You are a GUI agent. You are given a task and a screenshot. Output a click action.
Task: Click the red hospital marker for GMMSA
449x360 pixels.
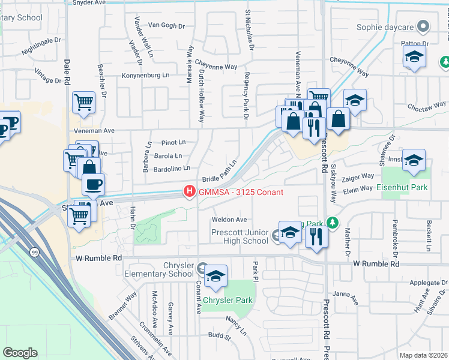190,192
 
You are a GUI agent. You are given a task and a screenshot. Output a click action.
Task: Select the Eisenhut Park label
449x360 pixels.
403,188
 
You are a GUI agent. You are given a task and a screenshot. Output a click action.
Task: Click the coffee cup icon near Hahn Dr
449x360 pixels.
92,185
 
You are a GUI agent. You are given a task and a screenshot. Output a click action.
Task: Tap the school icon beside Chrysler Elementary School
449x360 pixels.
215,277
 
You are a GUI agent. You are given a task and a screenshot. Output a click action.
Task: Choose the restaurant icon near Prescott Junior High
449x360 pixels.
316,236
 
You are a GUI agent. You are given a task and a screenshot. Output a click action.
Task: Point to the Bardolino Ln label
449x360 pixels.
172,168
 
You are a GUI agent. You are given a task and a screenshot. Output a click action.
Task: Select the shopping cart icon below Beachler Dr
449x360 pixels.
83,102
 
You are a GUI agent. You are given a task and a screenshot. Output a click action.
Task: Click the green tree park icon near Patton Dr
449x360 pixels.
445,62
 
